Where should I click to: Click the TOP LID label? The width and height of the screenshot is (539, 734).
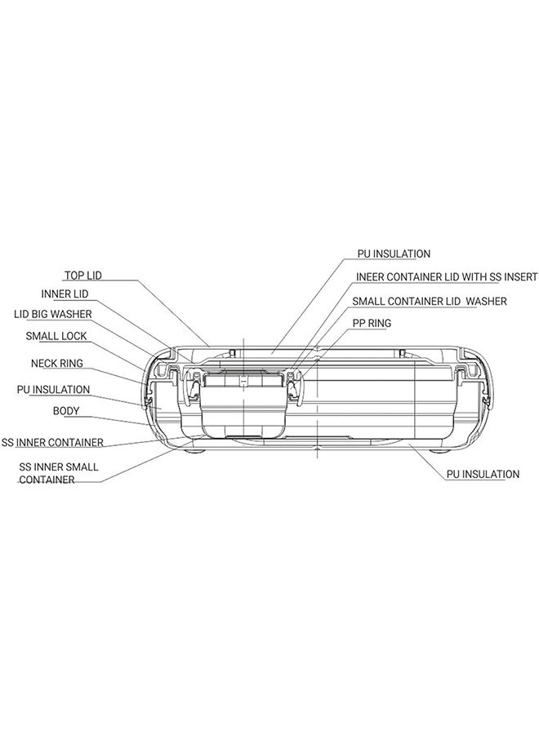pos(83,276)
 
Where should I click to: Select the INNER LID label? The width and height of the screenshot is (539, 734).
pos(65,294)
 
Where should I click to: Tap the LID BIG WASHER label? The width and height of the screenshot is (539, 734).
pos(53,314)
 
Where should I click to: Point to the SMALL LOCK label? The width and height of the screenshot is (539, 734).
pos(56,336)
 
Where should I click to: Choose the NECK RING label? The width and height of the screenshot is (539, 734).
pos(56,363)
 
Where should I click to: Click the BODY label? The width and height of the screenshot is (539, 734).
pos(66,411)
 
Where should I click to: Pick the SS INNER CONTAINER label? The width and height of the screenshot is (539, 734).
pos(52,442)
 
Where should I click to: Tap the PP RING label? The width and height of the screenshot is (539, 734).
pos(372,324)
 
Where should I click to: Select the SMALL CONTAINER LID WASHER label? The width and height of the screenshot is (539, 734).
pos(430,302)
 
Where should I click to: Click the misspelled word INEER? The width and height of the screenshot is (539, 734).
pos(370,277)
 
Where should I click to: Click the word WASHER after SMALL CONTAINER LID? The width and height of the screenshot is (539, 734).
pos(487,302)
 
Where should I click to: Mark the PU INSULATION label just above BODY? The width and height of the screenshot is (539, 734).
pos(53,390)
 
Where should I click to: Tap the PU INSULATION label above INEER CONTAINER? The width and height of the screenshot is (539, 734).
pos(394,254)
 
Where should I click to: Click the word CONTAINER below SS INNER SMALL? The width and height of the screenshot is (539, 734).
pos(47,480)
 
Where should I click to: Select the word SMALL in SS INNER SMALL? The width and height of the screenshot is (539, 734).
pos(83,466)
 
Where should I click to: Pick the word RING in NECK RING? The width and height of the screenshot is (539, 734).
pos(71,363)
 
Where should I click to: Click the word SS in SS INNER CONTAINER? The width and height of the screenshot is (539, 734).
pos(7,442)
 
